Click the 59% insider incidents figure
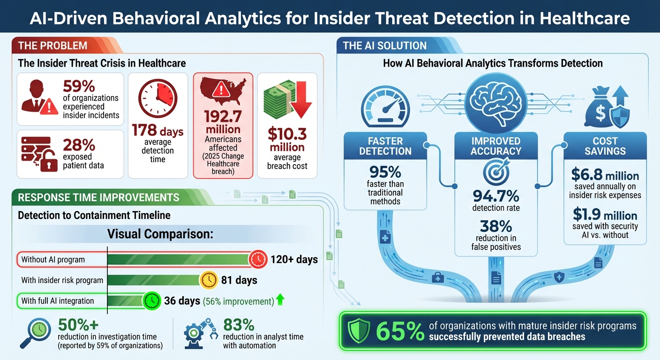click(78, 87)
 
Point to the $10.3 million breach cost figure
click(287, 140)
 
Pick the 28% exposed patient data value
click(78, 144)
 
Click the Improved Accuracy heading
click(496, 146)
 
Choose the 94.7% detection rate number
click(496, 195)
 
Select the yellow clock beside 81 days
click(209, 280)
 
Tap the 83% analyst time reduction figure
click(239, 325)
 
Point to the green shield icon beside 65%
click(358, 331)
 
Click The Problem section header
click(52, 45)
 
